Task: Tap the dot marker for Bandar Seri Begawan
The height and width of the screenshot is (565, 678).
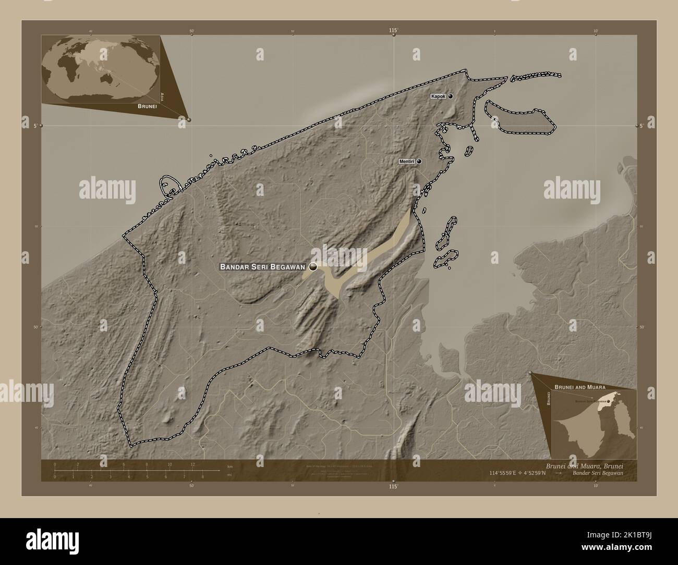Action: coord(313,267)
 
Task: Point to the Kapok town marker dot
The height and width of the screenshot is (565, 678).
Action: coord(450,96)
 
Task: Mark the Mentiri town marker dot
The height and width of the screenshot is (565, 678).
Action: coord(418,162)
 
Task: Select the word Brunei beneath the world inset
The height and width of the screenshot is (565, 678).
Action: coord(148,106)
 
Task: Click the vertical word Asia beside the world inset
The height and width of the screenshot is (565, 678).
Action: coord(163,95)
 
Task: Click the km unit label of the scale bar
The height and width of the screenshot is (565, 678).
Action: coord(229,466)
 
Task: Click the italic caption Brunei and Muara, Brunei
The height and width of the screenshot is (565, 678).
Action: coord(584,465)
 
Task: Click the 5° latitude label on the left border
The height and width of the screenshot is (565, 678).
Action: coord(35,126)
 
